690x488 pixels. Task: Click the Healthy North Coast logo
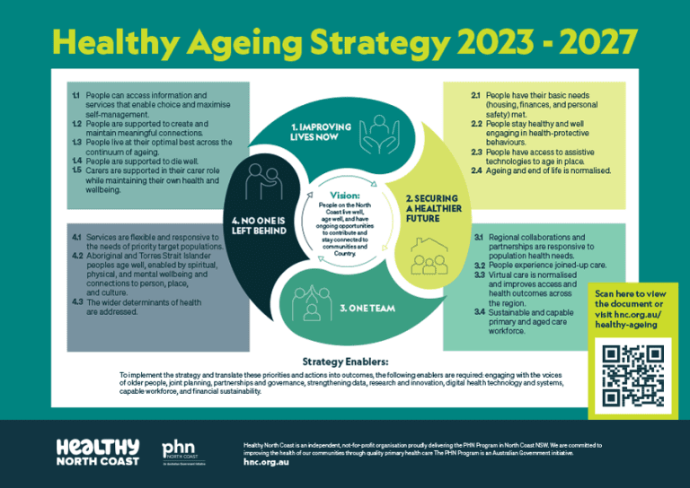point(97,451)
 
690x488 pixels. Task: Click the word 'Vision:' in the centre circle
point(345,194)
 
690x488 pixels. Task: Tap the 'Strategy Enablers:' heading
point(344,362)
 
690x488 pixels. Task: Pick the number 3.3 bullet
point(479,276)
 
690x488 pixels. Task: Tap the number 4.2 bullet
point(76,257)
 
